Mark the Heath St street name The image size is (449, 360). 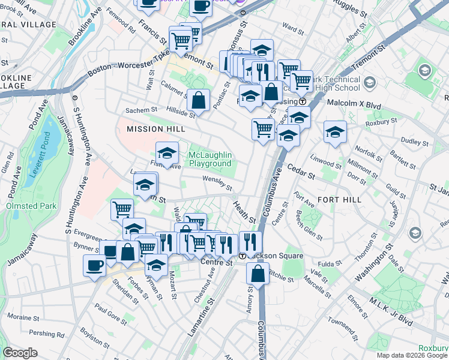[244, 212]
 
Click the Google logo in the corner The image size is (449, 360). [20, 352]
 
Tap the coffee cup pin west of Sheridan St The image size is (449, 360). [94, 265]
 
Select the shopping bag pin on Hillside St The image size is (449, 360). [198, 100]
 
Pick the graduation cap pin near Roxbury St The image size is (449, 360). [335, 132]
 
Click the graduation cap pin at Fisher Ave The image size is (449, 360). [167, 152]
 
